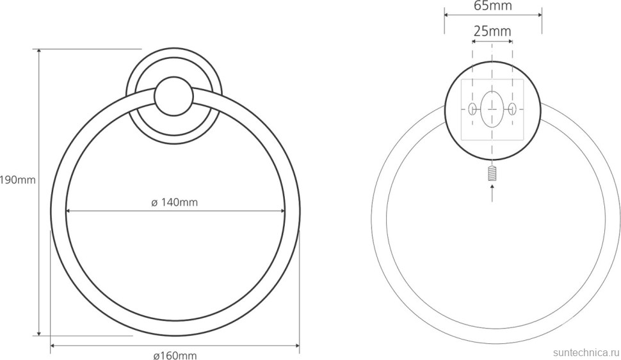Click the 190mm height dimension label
point(18,181)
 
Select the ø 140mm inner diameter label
point(174,202)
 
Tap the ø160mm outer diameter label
point(175,356)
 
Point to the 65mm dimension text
point(493,6)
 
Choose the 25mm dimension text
point(492,31)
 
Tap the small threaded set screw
point(492,174)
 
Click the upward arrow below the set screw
point(492,193)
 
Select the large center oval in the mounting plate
point(492,108)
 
